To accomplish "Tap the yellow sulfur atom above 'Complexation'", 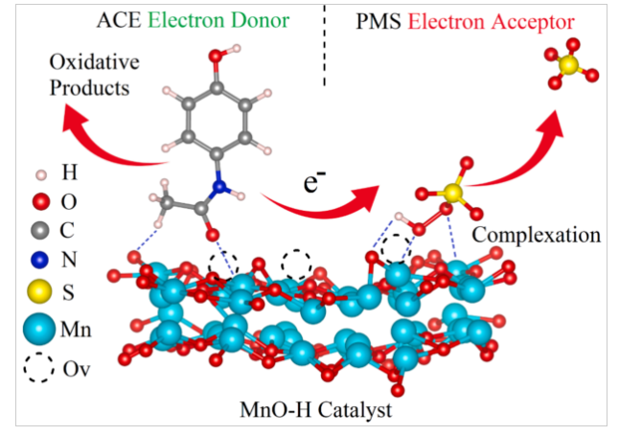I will pyautogui.click(x=453, y=195).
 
